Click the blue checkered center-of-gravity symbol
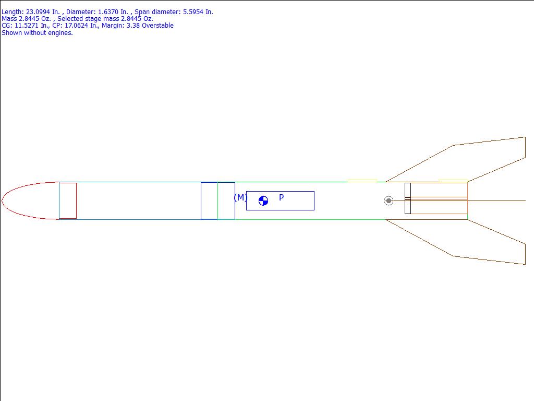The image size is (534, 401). pyautogui.click(x=263, y=201)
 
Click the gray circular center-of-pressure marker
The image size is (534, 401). pyautogui.click(x=389, y=201)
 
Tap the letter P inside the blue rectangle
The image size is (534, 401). pyautogui.click(x=281, y=197)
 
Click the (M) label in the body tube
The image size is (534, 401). pyautogui.click(x=240, y=197)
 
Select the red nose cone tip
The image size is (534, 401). pyautogui.click(x=2, y=200)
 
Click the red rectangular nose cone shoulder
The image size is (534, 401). pyautogui.click(x=68, y=201)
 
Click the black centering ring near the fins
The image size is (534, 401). pyautogui.click(x=408, y=198)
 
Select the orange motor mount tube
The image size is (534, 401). pyautogui.click(x=439, y=206)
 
